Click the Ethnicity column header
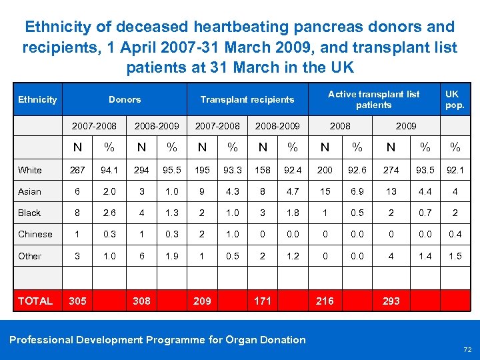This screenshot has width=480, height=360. tap(37, 99)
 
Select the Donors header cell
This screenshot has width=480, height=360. tap(125, 99)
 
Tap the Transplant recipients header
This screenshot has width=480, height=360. tap(247, 99)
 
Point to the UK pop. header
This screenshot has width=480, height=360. tap(455, 99)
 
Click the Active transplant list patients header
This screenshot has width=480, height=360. tap(373, 99)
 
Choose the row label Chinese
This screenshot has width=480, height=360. tap(35, 234)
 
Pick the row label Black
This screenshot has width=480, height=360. tap(29, 213)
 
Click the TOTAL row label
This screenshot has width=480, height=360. tap(35, 301)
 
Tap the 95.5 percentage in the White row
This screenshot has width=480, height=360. tap(172, 170)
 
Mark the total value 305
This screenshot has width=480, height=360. tap(77, 301)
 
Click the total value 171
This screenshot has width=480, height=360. tap(263, 301)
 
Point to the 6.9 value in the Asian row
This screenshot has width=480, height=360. tap(358, 191)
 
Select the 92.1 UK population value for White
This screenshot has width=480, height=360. tap(455, 170)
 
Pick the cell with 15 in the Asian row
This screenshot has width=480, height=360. tap(325, 191)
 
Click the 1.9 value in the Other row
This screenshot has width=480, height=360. tap(172, 256)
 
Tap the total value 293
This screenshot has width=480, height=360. tap(391, 301)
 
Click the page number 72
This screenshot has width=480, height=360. tap(466, 349)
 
